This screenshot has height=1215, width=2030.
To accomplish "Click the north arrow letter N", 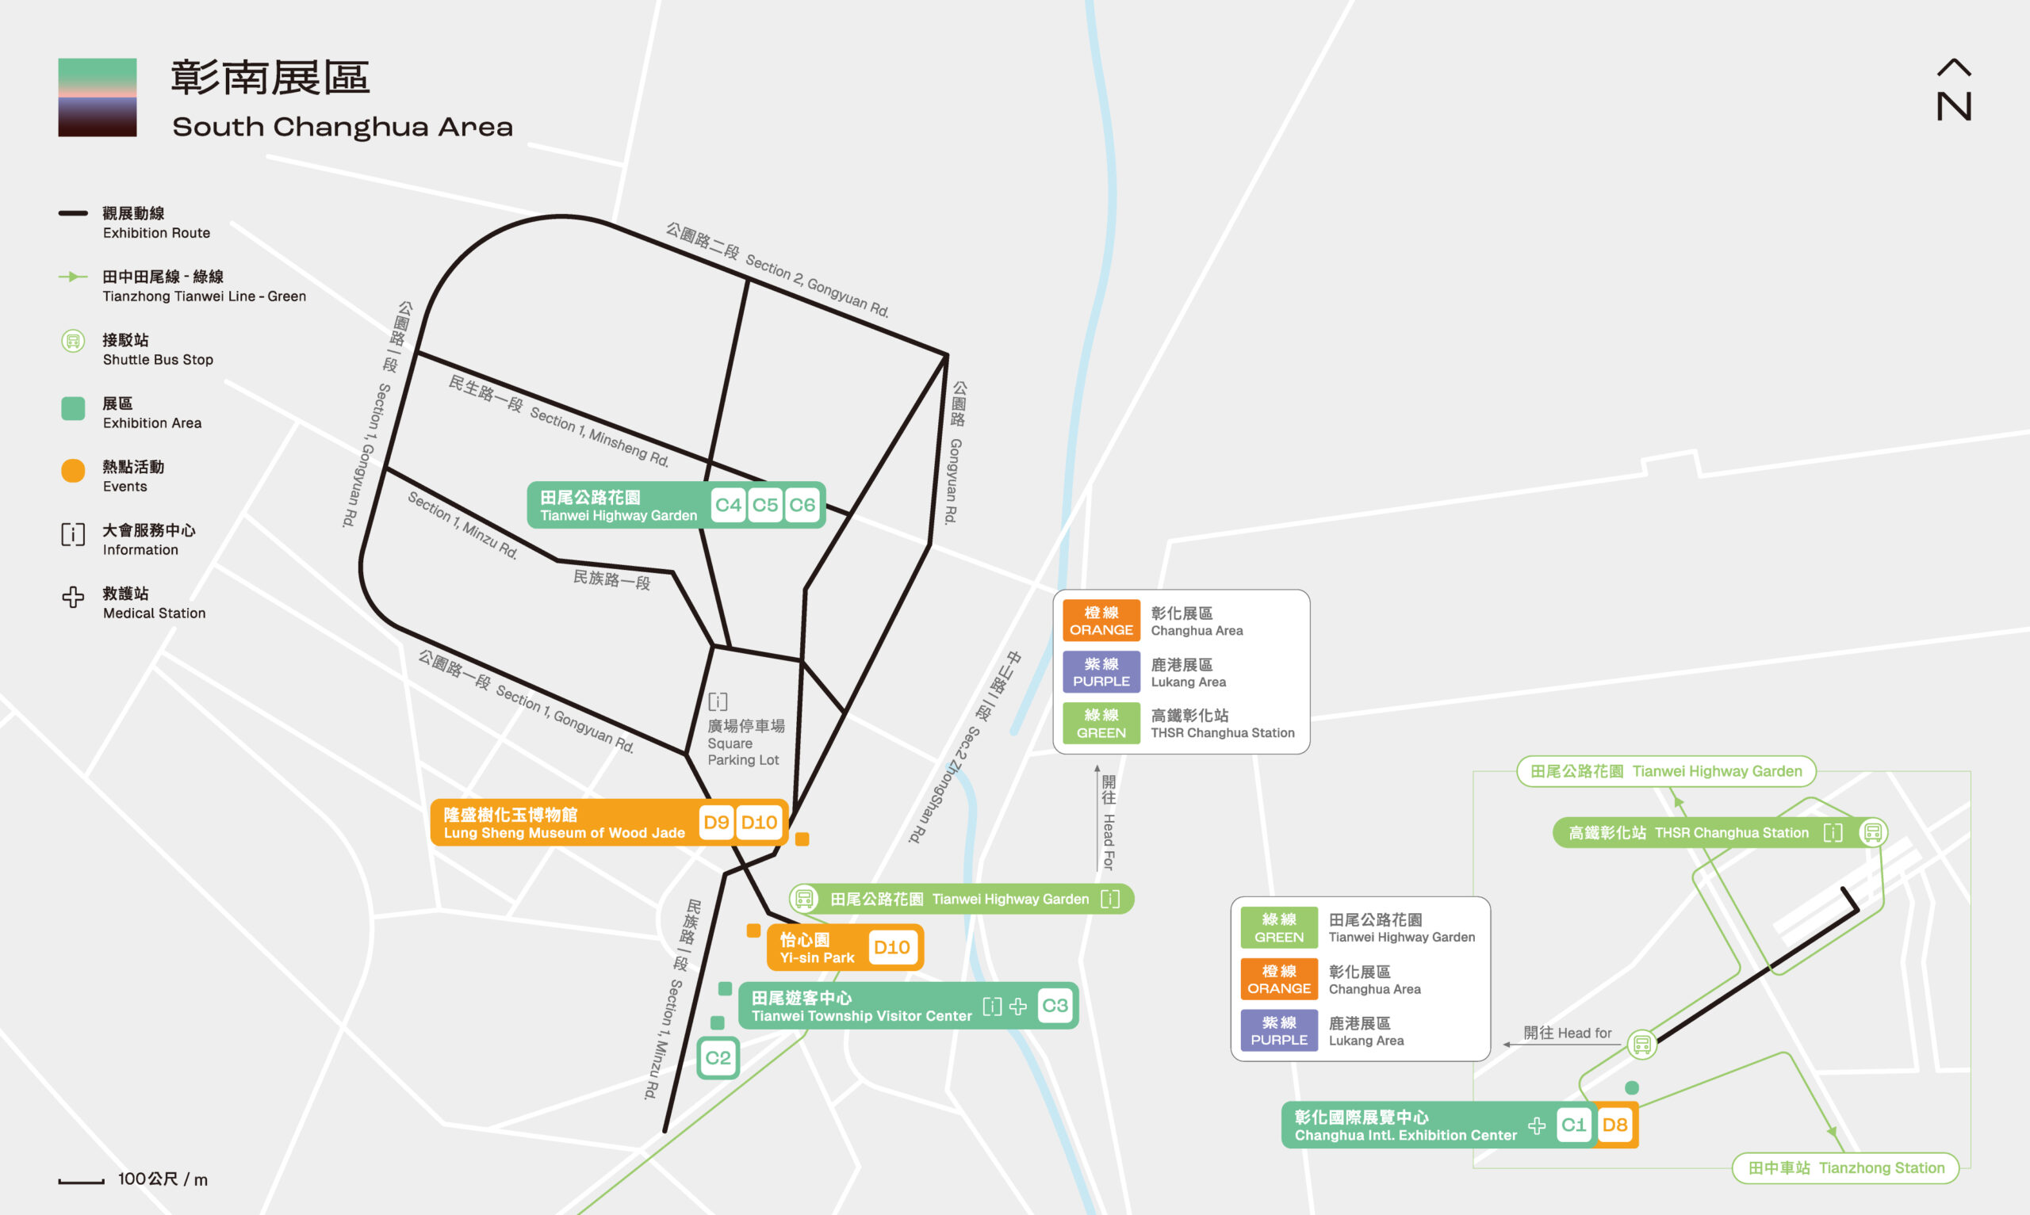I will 1954,106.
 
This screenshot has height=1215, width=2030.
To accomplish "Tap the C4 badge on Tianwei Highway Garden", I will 728,505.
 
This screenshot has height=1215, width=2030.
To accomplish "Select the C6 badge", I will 802,505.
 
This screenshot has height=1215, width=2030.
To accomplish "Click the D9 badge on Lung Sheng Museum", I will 717,822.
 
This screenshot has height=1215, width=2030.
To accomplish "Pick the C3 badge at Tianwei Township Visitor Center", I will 1055,1006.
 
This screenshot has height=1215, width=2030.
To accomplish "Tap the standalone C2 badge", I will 718,1058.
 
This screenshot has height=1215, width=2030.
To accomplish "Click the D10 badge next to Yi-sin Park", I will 892,947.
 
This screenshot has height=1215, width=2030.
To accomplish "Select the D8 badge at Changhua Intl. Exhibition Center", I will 1614,1125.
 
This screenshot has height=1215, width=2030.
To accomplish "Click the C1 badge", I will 1574,1125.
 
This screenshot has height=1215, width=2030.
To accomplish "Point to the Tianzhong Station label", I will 1846,1167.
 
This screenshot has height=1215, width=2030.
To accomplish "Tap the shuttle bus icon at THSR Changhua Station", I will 1873,833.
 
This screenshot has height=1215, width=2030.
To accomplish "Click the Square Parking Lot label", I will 744,743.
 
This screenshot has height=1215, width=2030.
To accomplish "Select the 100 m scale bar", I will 81,1181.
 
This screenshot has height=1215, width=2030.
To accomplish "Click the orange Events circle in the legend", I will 73,471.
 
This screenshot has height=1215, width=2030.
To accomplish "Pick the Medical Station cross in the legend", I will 73,597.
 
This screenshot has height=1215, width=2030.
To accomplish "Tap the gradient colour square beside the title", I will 98,97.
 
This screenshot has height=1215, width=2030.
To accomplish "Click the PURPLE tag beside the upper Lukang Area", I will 1101,671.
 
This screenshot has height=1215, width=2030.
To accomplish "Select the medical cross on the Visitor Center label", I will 1018,1007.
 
